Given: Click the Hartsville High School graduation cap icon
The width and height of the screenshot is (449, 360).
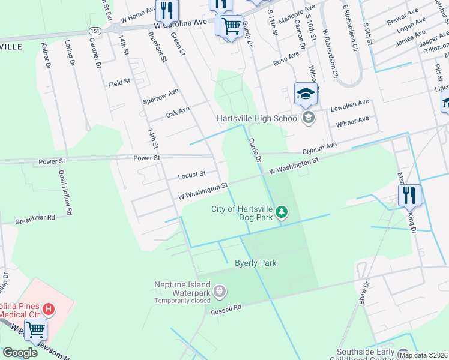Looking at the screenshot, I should click(x=306, y=94).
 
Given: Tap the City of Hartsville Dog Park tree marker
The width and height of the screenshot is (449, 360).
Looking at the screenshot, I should click(x=281, y=212).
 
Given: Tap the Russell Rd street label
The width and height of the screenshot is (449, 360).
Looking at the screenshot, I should click(x=226, y=309).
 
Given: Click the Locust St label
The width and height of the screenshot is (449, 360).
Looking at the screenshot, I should click(x=191, y=175).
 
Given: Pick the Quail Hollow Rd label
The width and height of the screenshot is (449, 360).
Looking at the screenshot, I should click(x=65, y=192).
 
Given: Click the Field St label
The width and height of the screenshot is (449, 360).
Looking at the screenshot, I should click(x=119, y=84).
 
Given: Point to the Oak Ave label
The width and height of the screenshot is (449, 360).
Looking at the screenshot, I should click(x=178, y=111).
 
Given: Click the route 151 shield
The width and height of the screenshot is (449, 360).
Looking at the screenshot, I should click(x=95, y=30).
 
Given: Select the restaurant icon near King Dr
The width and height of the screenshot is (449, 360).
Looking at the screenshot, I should click(x=409, y=194).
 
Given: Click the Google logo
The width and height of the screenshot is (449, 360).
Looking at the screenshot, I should click(x=20, y=353).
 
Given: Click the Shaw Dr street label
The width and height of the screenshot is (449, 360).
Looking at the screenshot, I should click(x=362, y=292).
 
